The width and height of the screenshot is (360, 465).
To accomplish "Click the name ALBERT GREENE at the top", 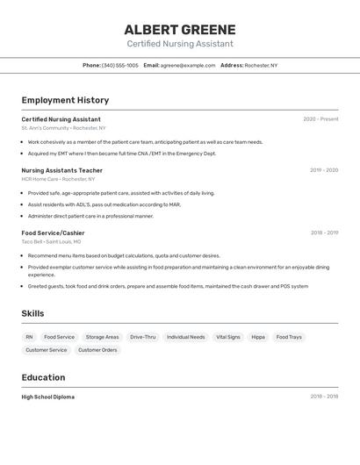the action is point(179,30).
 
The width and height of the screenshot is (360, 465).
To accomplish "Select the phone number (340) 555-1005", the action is point(119,65).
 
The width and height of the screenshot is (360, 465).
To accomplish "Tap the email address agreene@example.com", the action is point(187,65).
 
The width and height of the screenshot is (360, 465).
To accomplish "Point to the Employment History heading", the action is point(65,100).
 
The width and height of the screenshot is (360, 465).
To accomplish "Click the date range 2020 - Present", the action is point(320,119).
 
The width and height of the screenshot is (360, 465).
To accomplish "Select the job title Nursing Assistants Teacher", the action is point(61,170).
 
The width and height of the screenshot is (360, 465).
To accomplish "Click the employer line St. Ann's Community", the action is point(63,128).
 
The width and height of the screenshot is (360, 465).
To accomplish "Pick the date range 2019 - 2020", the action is point(323,170).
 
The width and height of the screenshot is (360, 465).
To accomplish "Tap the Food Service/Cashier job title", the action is point(53,232).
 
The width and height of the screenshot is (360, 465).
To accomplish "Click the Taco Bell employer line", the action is point(51,241).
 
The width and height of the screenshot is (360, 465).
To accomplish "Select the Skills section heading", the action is point(32,313).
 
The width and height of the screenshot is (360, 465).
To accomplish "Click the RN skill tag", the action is point(29,337).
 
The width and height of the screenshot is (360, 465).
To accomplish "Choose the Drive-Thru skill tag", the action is point(142,337).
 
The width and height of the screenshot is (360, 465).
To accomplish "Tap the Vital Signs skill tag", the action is point(227,337).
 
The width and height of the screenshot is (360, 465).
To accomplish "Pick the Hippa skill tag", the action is point(258,337).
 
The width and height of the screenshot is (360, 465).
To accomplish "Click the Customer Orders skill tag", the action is point(97,350).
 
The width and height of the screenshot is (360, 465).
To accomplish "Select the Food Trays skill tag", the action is point(288,337).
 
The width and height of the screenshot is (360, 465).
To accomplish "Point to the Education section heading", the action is point(43,377).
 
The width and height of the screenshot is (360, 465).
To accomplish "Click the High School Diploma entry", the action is point(47,397).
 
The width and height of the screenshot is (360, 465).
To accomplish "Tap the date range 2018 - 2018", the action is point(323,397).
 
